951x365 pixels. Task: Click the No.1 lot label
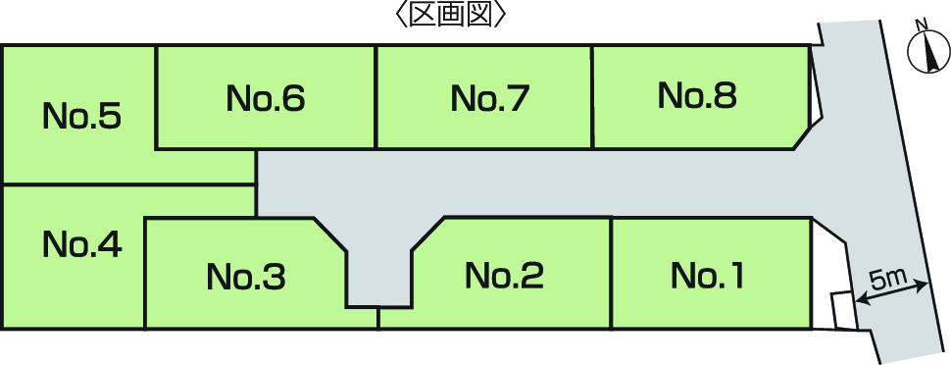[x=707, y=276]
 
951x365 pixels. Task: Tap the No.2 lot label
[x=504, y=276]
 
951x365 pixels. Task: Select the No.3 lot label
[x=245, y=278]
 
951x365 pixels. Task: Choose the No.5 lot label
[x=82, y=117]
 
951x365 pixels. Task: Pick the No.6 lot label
[x=266, y=98]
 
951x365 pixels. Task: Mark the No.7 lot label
[x=490, y=98]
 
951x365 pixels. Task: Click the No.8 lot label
[x=697, y=95]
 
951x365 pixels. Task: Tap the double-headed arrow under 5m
[x=892, y=293]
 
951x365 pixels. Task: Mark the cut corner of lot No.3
[x=331, y=235]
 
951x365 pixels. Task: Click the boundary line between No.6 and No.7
[x=376, y=98]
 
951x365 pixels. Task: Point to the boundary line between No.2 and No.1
[x=611, y=273]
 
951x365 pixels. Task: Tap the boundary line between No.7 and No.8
[x=592, y=98]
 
